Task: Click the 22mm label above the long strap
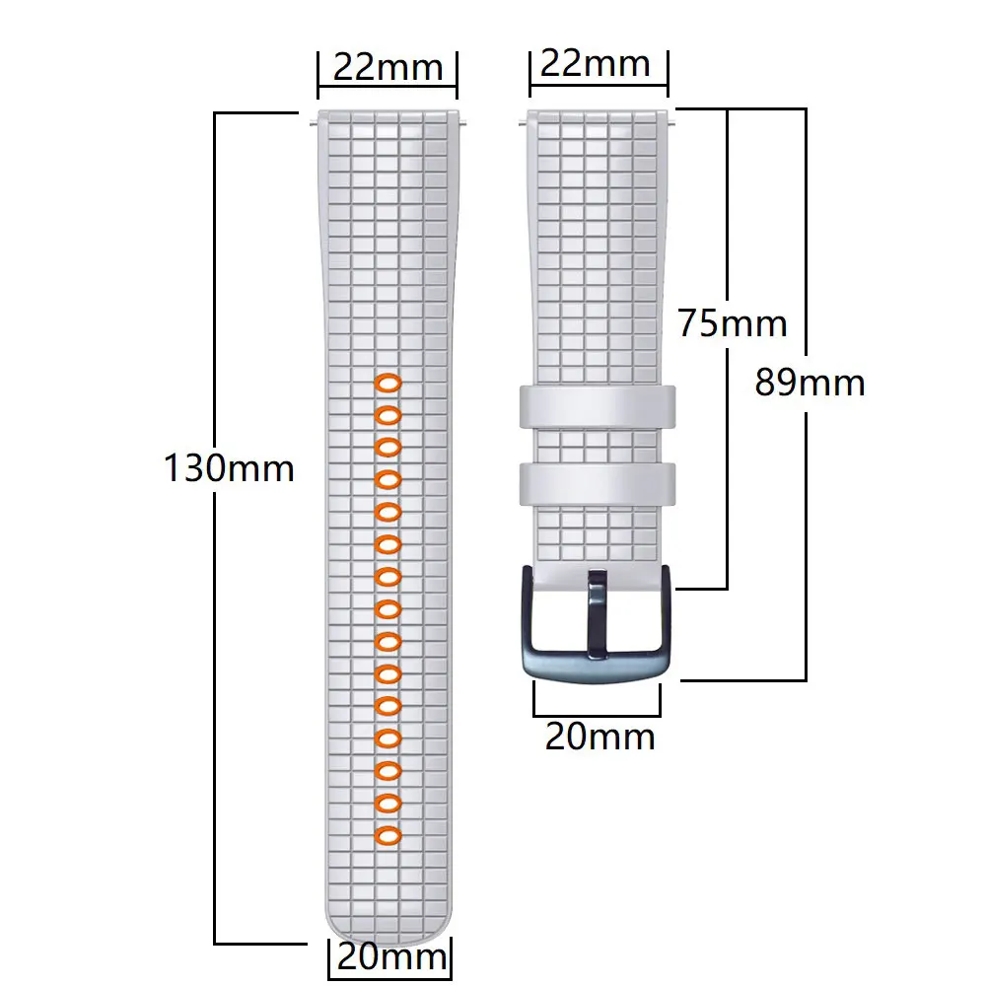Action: [387, 68]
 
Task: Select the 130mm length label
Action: [229, 467]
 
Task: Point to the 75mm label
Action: [733, 323]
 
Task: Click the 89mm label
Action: [810, 382]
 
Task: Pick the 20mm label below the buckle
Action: [599, 737]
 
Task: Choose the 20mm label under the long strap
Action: [391, 956]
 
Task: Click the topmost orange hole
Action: [387, 383]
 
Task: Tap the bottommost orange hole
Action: [387, 836]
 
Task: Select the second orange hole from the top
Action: [387, 414]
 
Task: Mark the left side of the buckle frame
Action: [525, 616]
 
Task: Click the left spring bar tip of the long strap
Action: [313, 121]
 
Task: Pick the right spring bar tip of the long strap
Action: [463, 121]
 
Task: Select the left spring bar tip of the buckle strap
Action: [523, 121]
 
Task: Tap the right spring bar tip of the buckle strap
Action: [674, 121]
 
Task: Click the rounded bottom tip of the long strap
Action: [387, 927]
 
